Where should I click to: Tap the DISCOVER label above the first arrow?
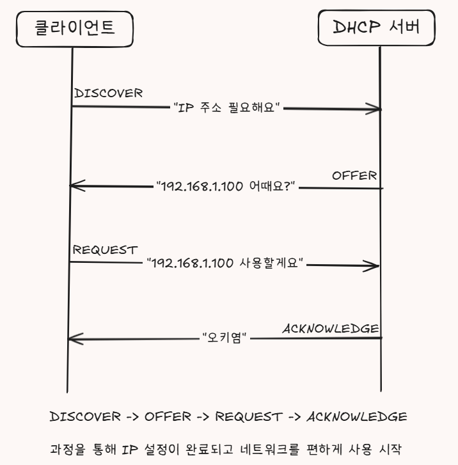pyautogui.click(x=108, y=93)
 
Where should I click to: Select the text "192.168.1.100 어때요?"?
pyautogui.click(x=226, y=187)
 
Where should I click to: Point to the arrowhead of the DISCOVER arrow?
pyautogui.click(x=376, y=109)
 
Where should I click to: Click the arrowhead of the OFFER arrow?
pyautogui.click(x=75, y=186)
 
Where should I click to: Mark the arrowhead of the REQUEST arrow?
pyautogui.click(x=375, y=265)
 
